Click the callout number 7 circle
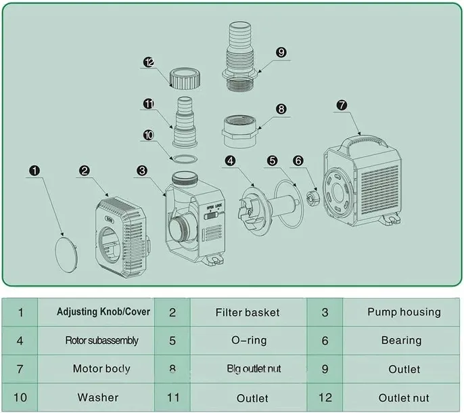342,105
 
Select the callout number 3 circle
141,171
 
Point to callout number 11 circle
149,104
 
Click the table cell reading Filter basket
247,312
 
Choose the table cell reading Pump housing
404,312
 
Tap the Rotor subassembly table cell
102,341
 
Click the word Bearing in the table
401,341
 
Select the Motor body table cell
101,369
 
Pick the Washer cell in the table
97,397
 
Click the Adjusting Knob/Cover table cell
103,312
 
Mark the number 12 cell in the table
325,397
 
